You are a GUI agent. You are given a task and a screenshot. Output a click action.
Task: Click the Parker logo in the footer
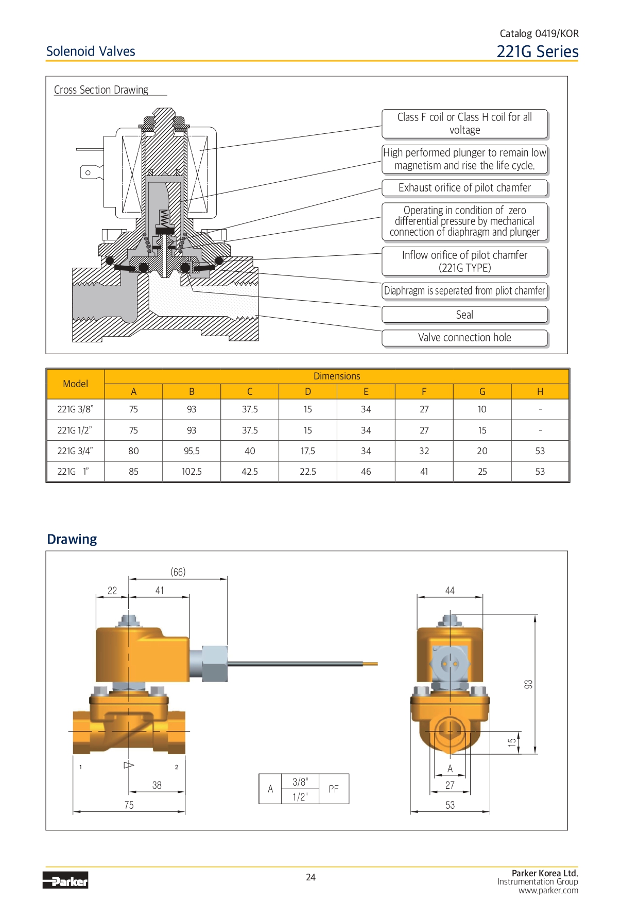point(65,880)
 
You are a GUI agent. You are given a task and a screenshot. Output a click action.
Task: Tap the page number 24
point(310,877)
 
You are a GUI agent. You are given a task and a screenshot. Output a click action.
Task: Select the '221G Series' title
point(537,51)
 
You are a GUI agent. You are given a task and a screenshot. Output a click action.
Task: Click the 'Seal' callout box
point(464,315)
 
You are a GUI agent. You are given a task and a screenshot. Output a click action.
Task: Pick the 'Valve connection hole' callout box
point(464,338)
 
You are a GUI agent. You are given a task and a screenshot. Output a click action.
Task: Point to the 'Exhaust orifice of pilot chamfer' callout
point(464,188)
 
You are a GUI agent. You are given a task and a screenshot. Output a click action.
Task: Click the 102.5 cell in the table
point(192,472)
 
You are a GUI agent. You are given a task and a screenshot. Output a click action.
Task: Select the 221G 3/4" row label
point(75,451)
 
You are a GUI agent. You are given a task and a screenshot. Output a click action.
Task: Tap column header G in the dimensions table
point(482,392)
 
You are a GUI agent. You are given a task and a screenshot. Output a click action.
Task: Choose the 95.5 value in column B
point(192,451)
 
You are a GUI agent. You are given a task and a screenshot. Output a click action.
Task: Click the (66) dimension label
point(178,572)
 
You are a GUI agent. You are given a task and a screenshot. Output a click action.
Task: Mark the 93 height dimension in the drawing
point(529,684)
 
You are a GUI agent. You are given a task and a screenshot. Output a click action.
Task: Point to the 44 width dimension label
point(450,591)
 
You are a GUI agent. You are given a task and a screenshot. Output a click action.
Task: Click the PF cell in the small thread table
point(334,789)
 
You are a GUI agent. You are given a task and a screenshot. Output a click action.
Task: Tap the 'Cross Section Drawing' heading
point(101,90)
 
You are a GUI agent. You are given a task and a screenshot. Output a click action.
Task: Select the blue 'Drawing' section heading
point(72,539)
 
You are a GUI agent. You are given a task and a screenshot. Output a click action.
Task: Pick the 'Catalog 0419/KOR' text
point(539,33)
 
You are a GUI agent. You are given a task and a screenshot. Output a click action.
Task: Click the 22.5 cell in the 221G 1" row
point(308,472)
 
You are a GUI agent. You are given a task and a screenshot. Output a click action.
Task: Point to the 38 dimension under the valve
point(157,785)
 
